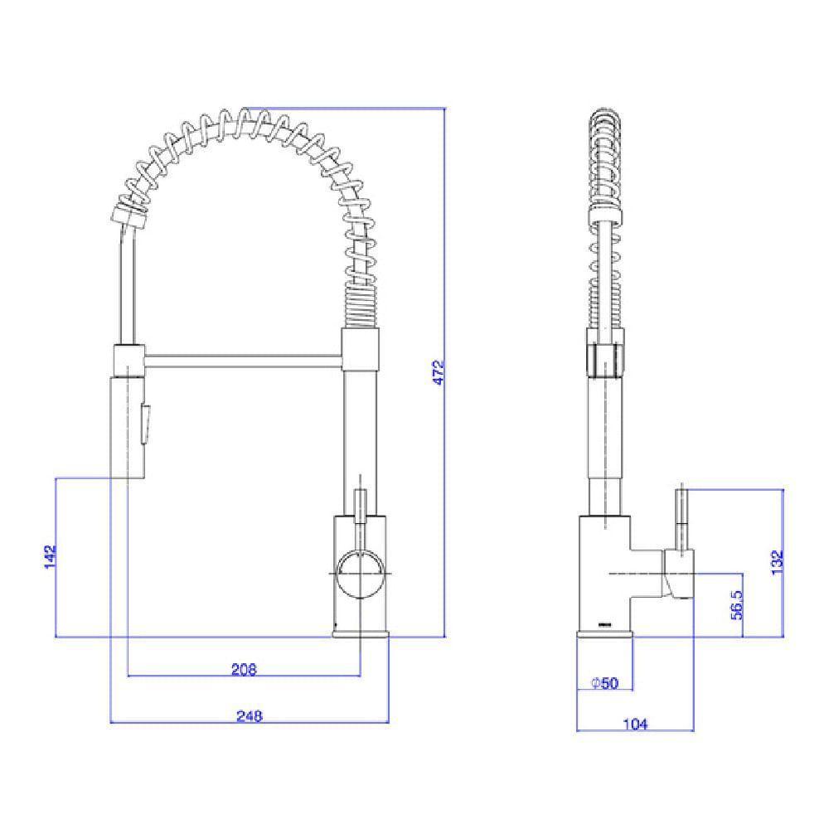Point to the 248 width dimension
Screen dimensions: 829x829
(x=250, y=716)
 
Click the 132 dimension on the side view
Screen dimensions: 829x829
(x=776, y=563)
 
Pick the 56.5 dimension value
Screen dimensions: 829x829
(x=737, y=605)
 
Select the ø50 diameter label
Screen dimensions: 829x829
(x=604, y=683)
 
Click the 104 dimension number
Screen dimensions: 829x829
(x=634, y=724)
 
